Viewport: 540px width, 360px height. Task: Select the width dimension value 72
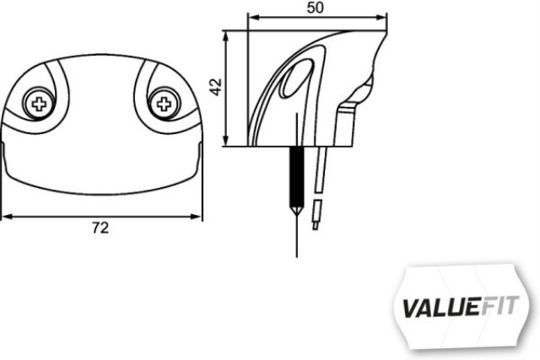pos(101,228)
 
